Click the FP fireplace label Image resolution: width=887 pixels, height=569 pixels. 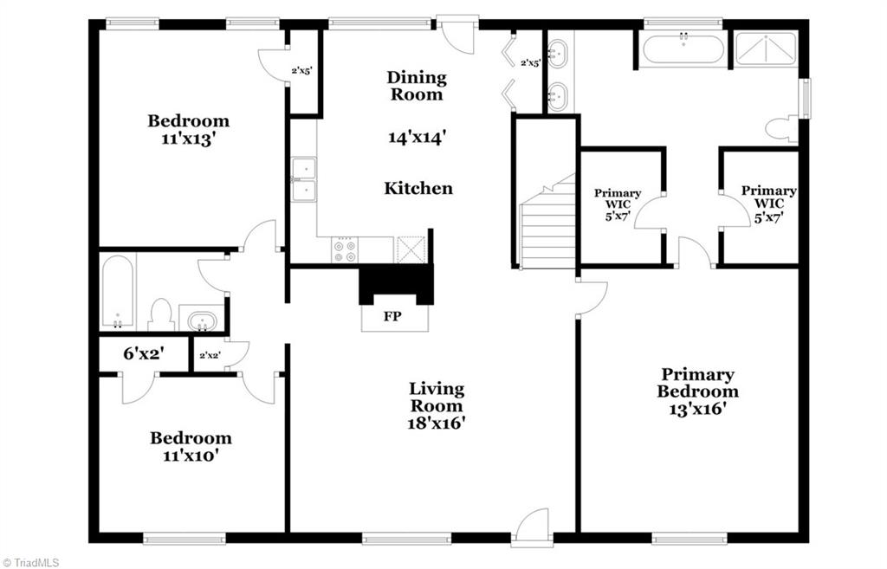click(x=392, y=316)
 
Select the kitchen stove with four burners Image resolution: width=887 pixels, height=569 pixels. click(x=344, y=249)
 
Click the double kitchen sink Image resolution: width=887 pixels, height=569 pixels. click(x=303, y=179)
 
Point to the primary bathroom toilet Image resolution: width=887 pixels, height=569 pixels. click(x=782, y=129)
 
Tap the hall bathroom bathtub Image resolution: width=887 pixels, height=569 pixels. click(x=117, y=293)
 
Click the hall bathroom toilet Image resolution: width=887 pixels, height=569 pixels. click(x=160, y=314)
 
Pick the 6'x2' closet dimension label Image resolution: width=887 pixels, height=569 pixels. click(x=143, y=353)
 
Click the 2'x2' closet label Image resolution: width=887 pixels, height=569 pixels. click(x=210, y=355)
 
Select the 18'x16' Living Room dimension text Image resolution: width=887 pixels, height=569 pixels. click(x=437, y=423)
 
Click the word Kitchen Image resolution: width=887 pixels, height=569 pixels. click(x=418, y=188)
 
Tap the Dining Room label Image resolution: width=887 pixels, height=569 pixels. click(x=417, y=86)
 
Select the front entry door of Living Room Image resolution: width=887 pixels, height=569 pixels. click(x=532, y=528)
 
